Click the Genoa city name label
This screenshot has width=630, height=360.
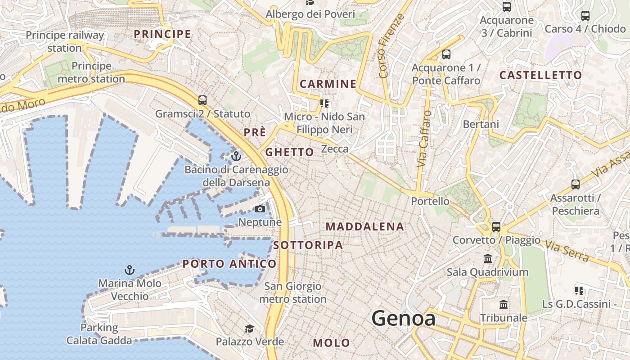[403, 319]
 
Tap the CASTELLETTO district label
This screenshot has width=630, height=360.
[540, 75]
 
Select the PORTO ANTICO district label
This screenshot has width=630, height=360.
[229, 264]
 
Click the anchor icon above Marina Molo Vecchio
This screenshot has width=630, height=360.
[130, 270]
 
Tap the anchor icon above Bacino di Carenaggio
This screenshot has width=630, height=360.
[236, 157]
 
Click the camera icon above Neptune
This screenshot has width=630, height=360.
[260, 209]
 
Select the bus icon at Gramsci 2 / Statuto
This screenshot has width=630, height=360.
[202, 100]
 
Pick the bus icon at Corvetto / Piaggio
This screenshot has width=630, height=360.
[496, 226]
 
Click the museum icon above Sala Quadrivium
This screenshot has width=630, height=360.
[487, 259]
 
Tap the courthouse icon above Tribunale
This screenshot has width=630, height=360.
[504, 305]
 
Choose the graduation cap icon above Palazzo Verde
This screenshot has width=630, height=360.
[249, 328]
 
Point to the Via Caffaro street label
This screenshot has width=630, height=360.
[424, 139]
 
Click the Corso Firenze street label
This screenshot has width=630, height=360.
[389, 45]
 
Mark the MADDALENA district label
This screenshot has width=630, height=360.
[365, 226]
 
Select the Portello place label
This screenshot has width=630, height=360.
[430, 201]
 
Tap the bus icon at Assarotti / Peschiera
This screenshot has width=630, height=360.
[575, 184]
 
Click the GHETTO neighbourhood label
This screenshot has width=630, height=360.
[289, 152]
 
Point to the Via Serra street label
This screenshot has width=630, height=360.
[567, 252]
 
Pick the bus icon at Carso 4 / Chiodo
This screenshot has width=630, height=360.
[585, 16]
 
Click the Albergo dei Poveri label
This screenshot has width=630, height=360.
[310, 14]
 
